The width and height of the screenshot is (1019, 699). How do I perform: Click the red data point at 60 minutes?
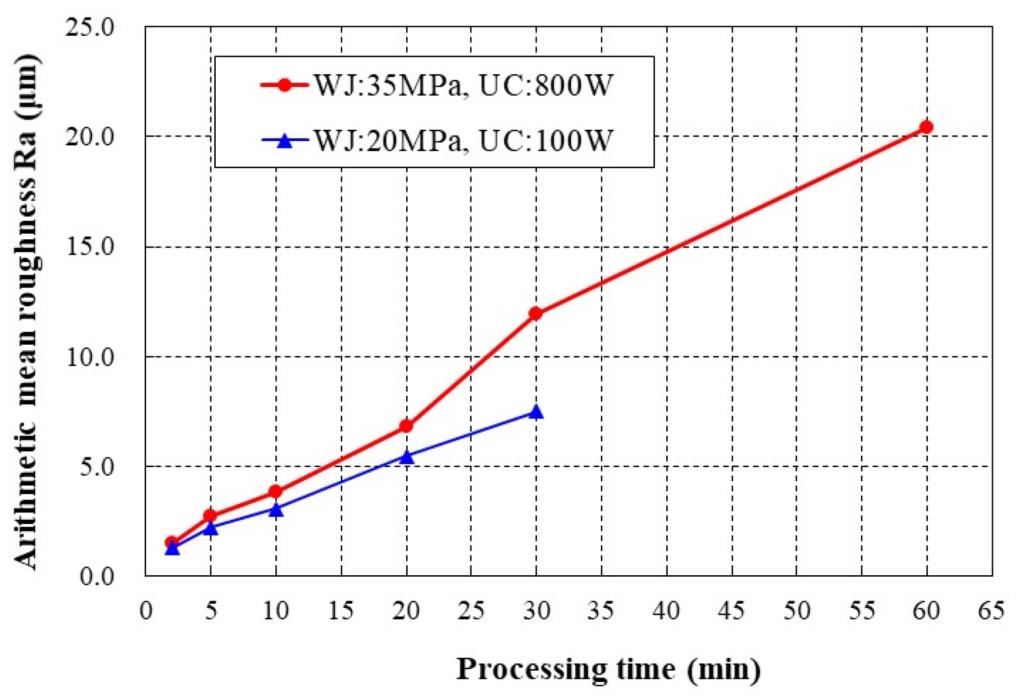(926, 127)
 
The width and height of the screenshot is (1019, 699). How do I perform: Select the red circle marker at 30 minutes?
(535, 314)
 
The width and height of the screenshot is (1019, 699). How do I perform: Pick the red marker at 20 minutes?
(406, 426)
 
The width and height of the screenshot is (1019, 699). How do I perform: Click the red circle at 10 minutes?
(276, 491)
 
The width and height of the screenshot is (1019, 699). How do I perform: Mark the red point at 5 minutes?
(210, 516)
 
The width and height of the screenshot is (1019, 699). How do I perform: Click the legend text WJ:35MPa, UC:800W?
(463, 85)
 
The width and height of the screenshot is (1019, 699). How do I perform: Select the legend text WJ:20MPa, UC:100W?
(463, 140)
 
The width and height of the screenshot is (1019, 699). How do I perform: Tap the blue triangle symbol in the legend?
(285, 141)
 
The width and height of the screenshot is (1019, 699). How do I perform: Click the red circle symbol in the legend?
(284, 85)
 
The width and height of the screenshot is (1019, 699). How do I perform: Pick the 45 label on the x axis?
(731, 610)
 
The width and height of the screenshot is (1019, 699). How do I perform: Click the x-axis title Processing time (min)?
(608, 669)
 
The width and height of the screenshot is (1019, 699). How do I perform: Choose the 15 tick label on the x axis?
(341, 610)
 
